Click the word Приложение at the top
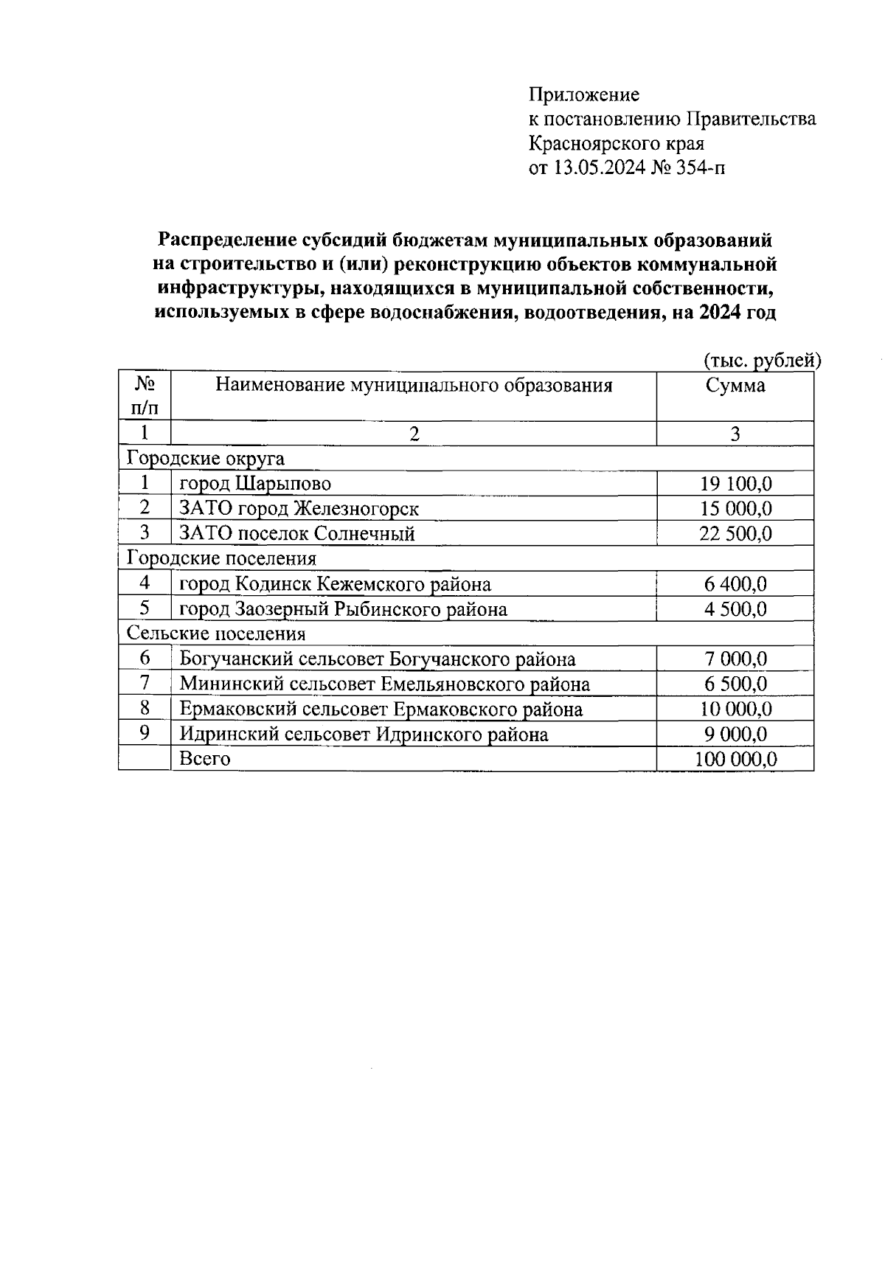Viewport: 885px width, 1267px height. click(x=584, y=95)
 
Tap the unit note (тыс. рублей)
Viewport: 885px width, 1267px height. click(x=762, y=361)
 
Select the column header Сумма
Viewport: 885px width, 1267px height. click(x=735, y=386)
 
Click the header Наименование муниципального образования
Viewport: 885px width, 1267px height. click(x=414, y=386)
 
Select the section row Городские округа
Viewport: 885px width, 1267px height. click(x=206, y=459)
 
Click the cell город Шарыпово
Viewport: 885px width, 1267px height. click(x=255, y=484)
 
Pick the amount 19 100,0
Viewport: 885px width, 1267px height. click(x=735, y=484)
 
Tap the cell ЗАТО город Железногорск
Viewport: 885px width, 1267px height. click(x=299, y=509)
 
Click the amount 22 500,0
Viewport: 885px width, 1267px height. click(x=735, y=534)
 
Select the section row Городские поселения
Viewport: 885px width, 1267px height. click(x=221, y=559)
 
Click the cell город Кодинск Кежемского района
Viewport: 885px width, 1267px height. click(x=335, y=585)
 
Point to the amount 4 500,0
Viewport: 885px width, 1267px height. click(x=735, y=609)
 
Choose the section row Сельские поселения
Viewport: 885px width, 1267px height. click(x=216, y=634)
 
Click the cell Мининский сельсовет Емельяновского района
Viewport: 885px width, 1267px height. click(x=384, y=684)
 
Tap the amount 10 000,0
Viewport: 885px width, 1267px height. click(x=735, y=709)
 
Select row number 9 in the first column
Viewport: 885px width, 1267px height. click(x=145, y=733)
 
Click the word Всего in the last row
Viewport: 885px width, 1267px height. click(x=205, y=759)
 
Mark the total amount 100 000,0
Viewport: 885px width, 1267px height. click(x=735, y=760)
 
